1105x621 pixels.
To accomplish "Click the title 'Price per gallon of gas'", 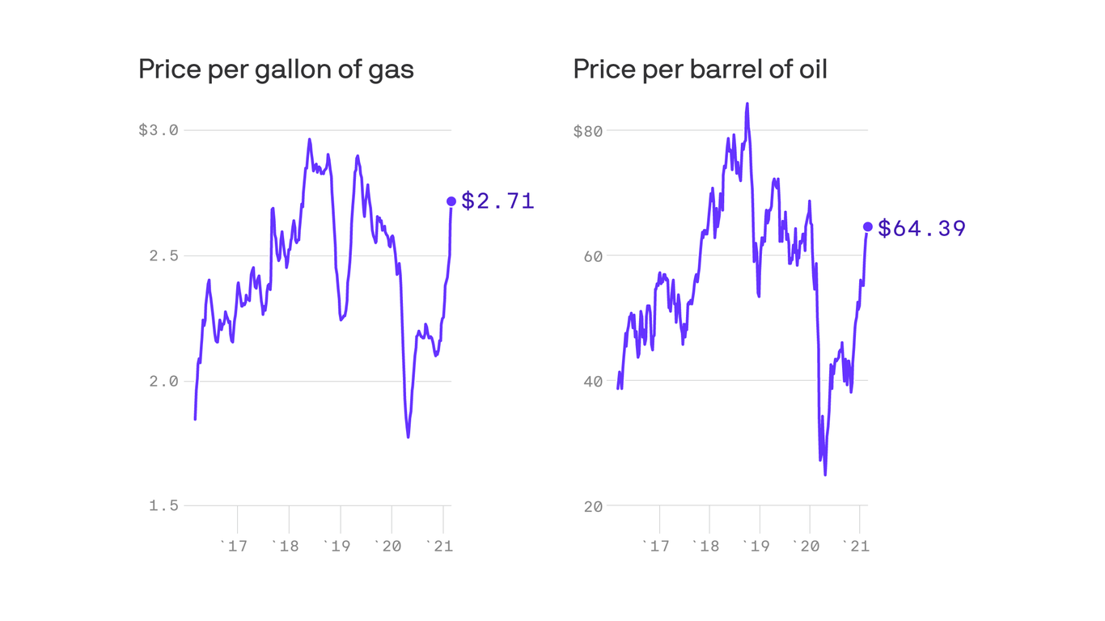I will [276, 70].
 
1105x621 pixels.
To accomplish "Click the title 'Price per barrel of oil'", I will [700, 70].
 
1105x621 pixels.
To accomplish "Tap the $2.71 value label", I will [497, 201].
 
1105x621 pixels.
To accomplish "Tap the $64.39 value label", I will [921, 229].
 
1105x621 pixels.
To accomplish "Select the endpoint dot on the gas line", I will [451, 201].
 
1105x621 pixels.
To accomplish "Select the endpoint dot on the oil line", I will [868, 227].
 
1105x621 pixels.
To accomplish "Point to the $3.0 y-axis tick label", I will [159, 130].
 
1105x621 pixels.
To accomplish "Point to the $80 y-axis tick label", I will [588, 130].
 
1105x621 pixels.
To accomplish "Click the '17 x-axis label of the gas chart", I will [234, 547].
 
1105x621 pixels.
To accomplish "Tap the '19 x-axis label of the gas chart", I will [337, 547].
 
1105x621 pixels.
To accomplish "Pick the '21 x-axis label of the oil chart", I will [855, 547].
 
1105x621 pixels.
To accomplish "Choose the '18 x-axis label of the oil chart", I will [705, 547].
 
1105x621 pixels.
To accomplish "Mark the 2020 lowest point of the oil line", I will [825, 475].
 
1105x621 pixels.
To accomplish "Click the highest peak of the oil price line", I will [747, 103].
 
